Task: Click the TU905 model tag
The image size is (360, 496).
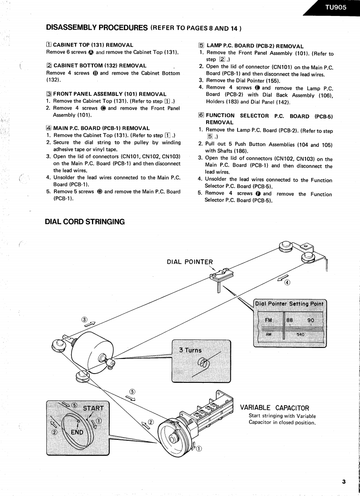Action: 335,7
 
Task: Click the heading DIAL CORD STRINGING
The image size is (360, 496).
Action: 84,221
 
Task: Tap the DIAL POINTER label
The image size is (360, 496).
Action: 190,261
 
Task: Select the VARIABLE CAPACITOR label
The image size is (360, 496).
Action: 274,408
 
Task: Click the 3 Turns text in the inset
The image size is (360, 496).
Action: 190,350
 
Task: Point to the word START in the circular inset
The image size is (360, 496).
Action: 92,408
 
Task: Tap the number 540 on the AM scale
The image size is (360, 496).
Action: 301,335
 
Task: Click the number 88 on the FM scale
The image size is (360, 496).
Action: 290,320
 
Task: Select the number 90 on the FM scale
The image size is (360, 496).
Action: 311,320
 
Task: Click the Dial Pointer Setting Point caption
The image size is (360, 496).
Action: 290,304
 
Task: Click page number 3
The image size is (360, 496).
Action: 343,481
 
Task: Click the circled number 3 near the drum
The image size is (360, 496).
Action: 84,320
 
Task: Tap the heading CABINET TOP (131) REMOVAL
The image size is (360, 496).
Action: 93,45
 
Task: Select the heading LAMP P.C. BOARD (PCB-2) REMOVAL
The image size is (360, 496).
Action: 255,46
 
